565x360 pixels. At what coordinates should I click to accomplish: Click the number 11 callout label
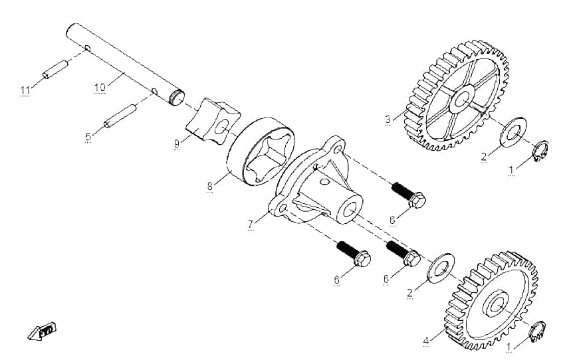tap(25, 90)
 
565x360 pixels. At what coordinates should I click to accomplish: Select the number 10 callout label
tap(100, 88)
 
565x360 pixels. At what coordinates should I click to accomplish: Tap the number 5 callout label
tap(88, 137)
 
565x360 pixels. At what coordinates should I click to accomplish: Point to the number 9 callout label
tap(177, 144)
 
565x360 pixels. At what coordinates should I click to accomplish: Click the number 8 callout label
tap(210, 186)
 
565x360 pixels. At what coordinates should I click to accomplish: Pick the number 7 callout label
tap(251, 224)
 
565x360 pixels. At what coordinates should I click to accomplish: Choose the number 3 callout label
tap(388, 119)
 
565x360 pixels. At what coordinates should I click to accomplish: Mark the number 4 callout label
tap(426, 341)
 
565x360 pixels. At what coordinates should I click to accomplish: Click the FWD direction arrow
tap(43, 331)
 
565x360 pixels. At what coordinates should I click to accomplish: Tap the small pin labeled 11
tap(55, 69)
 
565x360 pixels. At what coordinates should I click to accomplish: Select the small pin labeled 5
tap(120, 116)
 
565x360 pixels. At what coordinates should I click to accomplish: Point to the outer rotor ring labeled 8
tap(261, 151)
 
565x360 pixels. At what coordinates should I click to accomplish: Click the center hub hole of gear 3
tap(461, 99)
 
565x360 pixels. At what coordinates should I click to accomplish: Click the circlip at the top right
tap(540, 151)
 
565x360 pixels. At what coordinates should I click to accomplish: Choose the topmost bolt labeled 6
tap(409, 195)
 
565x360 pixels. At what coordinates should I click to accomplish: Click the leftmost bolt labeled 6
tap(354, 254)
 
